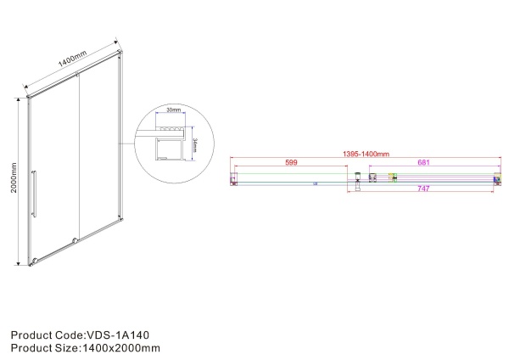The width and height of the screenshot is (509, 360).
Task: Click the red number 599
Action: (291, 162)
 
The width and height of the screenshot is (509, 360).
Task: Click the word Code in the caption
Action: (67, 335)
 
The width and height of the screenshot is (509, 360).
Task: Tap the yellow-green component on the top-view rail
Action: (391, 177)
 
